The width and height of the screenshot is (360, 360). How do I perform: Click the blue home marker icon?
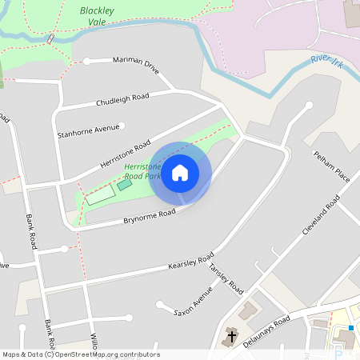(x=180, y=173)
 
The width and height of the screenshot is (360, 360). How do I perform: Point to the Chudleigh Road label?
(x=122, y=100)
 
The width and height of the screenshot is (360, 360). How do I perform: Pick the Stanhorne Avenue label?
(x=87, y=131)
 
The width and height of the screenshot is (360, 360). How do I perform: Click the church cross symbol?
(x=232, y=337)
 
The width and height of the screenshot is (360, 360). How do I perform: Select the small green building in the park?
(x=124, y=185)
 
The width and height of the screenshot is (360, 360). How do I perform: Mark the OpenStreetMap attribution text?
(x=80, y=354)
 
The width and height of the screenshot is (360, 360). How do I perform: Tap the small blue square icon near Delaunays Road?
(x=350, y=328)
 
